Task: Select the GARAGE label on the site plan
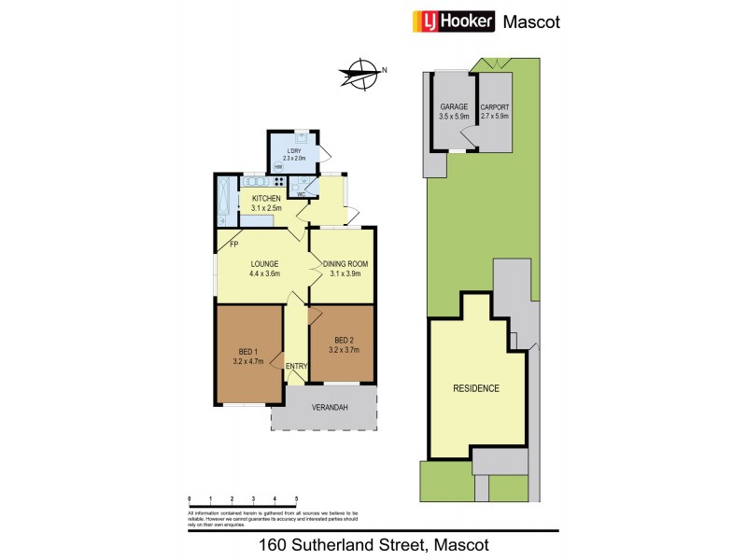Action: (454, 107)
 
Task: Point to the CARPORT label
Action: (494, 107)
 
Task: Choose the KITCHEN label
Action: (266, 199)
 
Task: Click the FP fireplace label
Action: (235, 245)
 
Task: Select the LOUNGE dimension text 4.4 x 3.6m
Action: (265, 274)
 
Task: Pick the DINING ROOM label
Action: (345, 264)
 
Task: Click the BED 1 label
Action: (247, 351)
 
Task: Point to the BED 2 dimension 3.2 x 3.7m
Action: (344, 350)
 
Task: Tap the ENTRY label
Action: (296, 366)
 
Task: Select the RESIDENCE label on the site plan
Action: (476, 388)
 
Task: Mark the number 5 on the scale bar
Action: (297, 499)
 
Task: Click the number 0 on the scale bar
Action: (190, 499)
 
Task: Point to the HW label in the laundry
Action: (277, 167)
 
